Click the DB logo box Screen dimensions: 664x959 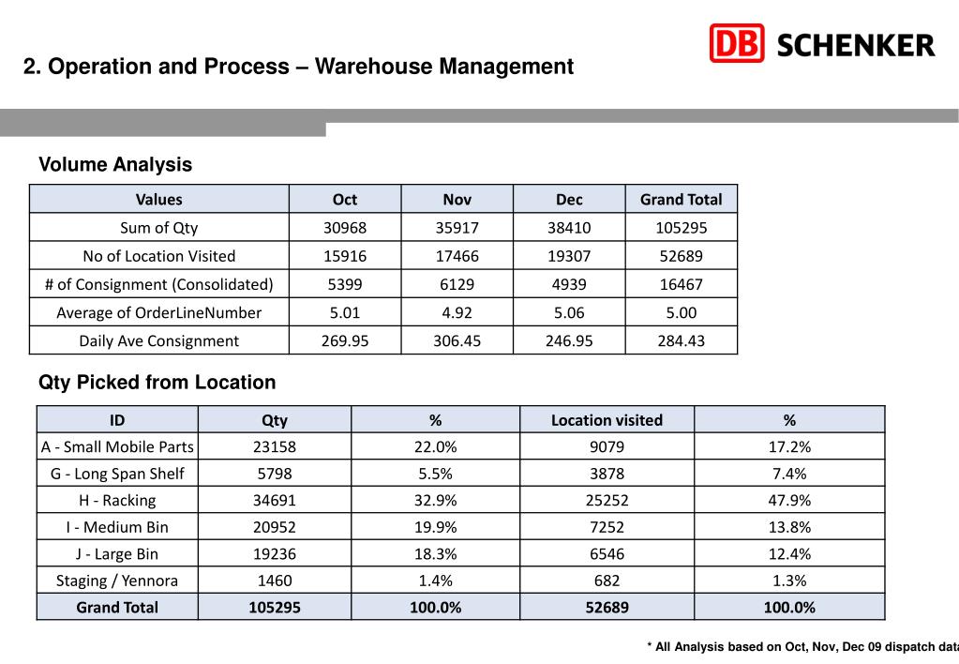coord(737,43)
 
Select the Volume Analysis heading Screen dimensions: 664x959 coord(115,165)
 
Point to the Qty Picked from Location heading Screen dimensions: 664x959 coord(157,383)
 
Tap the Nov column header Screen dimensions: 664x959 coord(457,200)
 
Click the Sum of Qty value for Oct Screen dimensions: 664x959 coord(345,228)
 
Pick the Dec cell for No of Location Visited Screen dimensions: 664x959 coord(569,256)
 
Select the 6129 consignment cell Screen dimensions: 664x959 coord(457,284)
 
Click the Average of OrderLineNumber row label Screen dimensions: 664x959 coord(159,312)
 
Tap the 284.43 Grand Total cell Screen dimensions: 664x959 coord(682,340)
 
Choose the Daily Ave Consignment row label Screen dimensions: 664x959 coord(159,340)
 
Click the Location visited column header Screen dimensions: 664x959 coord(607,420)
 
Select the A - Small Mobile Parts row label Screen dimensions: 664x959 coord(117,447)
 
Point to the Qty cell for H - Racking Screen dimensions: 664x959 coord(275,501)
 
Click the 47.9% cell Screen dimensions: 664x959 coord(789,501)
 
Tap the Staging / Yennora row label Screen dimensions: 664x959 coord(117,581)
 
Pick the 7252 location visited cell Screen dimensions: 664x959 coord(607,527)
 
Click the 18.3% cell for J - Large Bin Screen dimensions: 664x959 coord(435,554)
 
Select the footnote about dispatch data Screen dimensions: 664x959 coord(802,646)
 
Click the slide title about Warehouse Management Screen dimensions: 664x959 coord(298,68)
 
